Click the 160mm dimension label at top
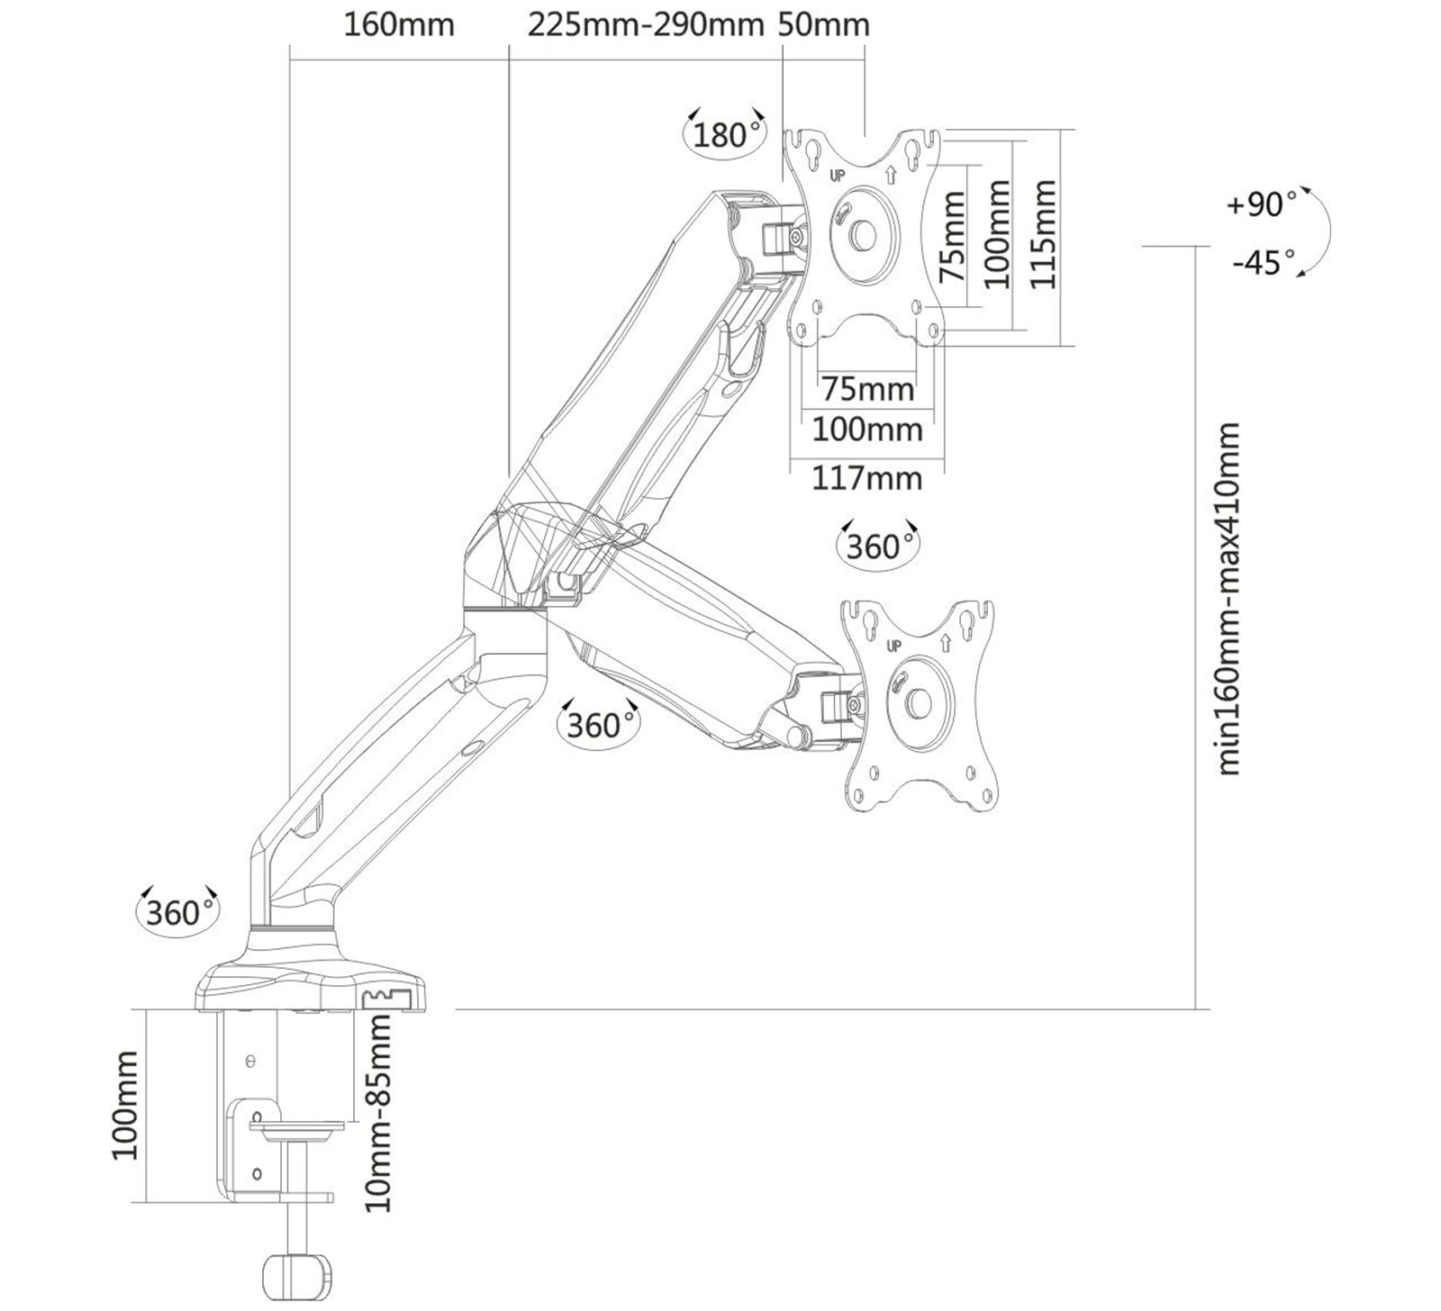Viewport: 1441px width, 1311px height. pyautogui.click(x=399, y=24)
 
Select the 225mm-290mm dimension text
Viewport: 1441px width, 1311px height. pyautogui.click(x=646, y=24)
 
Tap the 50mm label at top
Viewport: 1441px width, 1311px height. pyautogui.click(x=825, y=24)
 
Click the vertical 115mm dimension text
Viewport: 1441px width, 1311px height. pyautogui.click(x=1042, y=234)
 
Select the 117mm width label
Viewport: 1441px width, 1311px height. pyautogui.click(x=867, y=477)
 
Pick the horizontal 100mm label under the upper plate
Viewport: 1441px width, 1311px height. pyautogui.click(x=867, y=429)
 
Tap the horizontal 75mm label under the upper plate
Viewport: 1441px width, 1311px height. pyautogui.click(x=867, y=389)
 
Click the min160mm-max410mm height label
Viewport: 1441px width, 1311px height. pyautogui.click(x=1228, y=598)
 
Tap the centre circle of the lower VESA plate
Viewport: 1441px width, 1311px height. pyautogui.click(x=917, y=702)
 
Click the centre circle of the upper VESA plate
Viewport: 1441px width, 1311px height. pyautogui.click(x=863, y=232)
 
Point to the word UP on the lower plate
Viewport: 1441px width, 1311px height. pyautogui.click(x=893, y=646)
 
